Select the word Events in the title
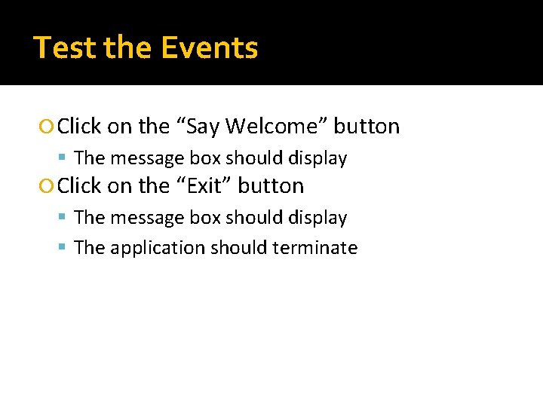pos(210,48)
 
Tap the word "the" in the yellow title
pos(131,48)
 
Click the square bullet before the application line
pos(66,248)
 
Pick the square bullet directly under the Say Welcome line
pos(66,158)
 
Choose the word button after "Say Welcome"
pos(367,127)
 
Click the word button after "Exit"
pos(271,186)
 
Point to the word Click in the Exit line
pos(79,186)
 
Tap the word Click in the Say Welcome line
pos(79,127)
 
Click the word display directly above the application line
pos(318,218)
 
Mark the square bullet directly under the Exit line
pos(66,218)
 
